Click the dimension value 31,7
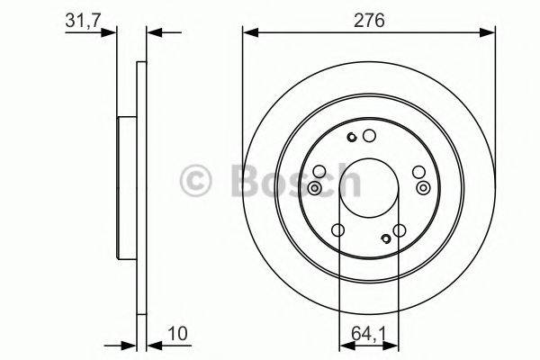[x=82, y=20]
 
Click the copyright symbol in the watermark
[x=197, y=180]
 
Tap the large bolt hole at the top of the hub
[x=368, y=136]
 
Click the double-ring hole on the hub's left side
[x=315, y=187]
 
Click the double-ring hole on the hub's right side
[x=423, y=187]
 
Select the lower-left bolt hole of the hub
[x=337, y=231]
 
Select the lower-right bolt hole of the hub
[x=400, y=231]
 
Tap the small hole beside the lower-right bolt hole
[x=385, y=238]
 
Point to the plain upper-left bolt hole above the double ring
[x=319, y=171]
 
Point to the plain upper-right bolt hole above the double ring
[x=418, y=171]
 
